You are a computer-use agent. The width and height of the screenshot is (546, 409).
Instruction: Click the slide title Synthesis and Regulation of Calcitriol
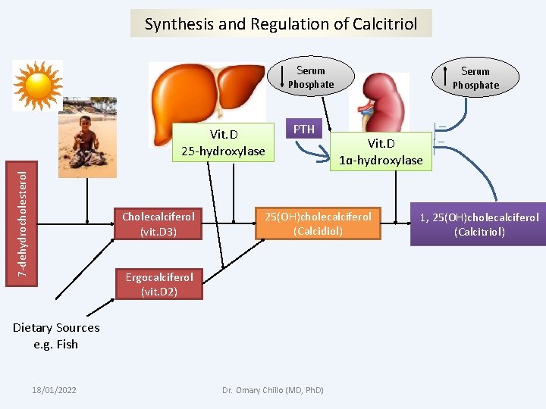coord(281,23)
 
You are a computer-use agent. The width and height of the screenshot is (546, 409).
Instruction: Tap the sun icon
coord(37,85)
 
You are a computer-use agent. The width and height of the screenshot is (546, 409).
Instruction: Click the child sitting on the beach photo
coord(88,136)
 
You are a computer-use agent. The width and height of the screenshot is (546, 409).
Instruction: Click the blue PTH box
coord(304,129)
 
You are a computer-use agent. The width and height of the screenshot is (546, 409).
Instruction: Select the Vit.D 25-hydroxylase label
coord(223,142)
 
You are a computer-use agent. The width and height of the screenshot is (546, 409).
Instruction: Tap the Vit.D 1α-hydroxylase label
coord(381,151)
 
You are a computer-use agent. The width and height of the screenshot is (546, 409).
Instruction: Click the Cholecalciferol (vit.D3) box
coord(158,224)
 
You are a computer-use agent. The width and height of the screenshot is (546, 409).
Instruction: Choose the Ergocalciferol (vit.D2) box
coord(158,284)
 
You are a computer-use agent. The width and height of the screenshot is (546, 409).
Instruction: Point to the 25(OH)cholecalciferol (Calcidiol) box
coord(318,223)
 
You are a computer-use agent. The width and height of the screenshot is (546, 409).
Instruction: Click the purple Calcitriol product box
coord(479,224)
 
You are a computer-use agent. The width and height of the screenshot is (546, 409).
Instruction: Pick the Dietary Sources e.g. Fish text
coord(56,336)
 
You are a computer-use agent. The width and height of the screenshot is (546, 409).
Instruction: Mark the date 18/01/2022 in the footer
coord(54,389)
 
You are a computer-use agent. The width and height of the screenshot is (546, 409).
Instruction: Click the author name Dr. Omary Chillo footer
coord(272,389)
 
